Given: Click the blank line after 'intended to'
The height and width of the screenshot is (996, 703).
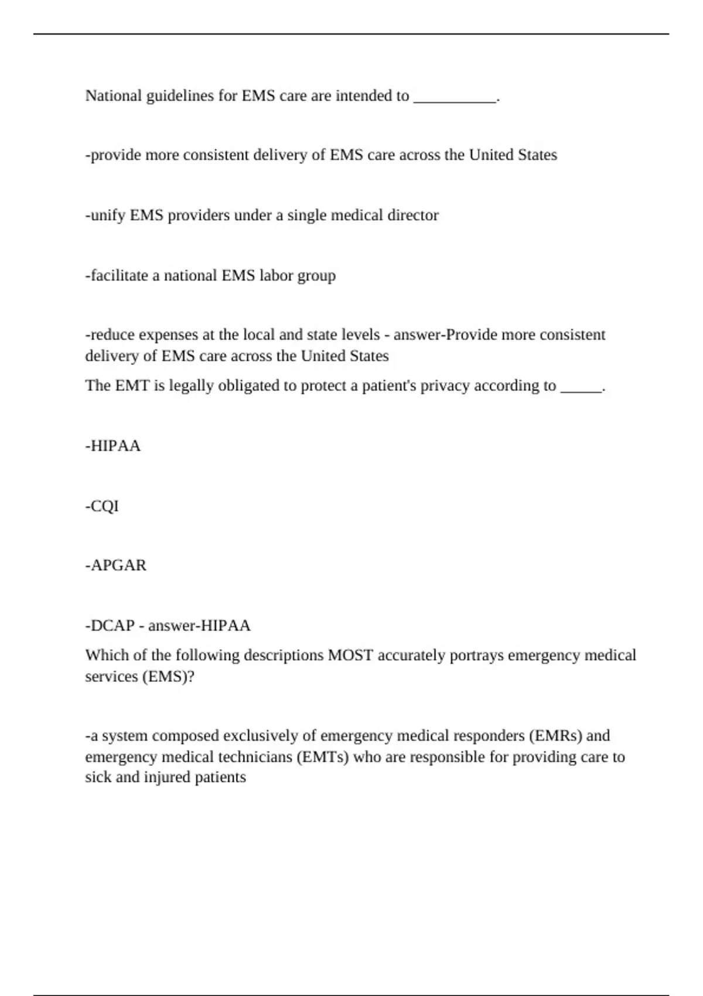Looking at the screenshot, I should [455, 97].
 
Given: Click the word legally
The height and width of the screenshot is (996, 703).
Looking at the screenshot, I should [190, 386].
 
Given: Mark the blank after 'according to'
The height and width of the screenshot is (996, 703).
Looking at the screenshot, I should [581, 387].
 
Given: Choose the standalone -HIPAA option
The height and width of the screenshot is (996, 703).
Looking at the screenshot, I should [113, 446].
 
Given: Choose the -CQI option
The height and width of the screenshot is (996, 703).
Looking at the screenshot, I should [102, 506].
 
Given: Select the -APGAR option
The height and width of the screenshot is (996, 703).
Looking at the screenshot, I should [116, 565].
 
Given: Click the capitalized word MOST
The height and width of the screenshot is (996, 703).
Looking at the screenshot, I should [350, 655].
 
